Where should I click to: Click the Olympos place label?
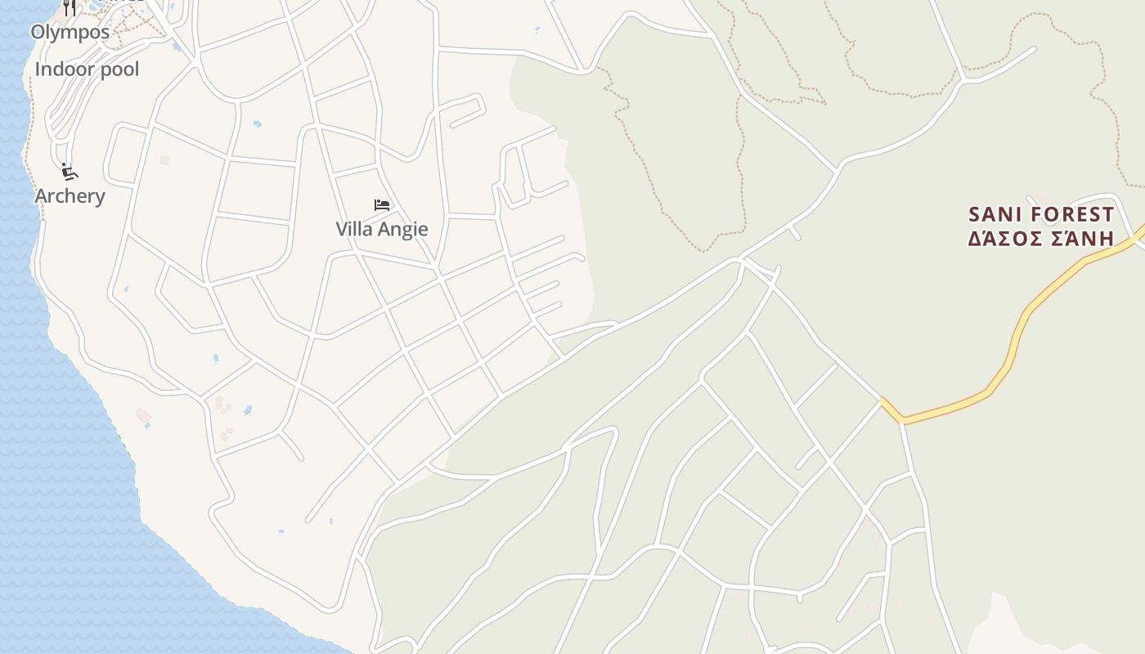[70, 33]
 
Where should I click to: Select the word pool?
[119, 69]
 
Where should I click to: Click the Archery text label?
[70, 196]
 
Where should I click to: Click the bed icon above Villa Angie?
[382, 205]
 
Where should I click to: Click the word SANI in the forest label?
[994, 215]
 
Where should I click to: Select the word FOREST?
[1071, 215]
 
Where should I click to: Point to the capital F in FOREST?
[1034, 215]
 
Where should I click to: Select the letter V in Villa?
[342, 229]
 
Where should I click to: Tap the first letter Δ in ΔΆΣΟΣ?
[976, 238]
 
